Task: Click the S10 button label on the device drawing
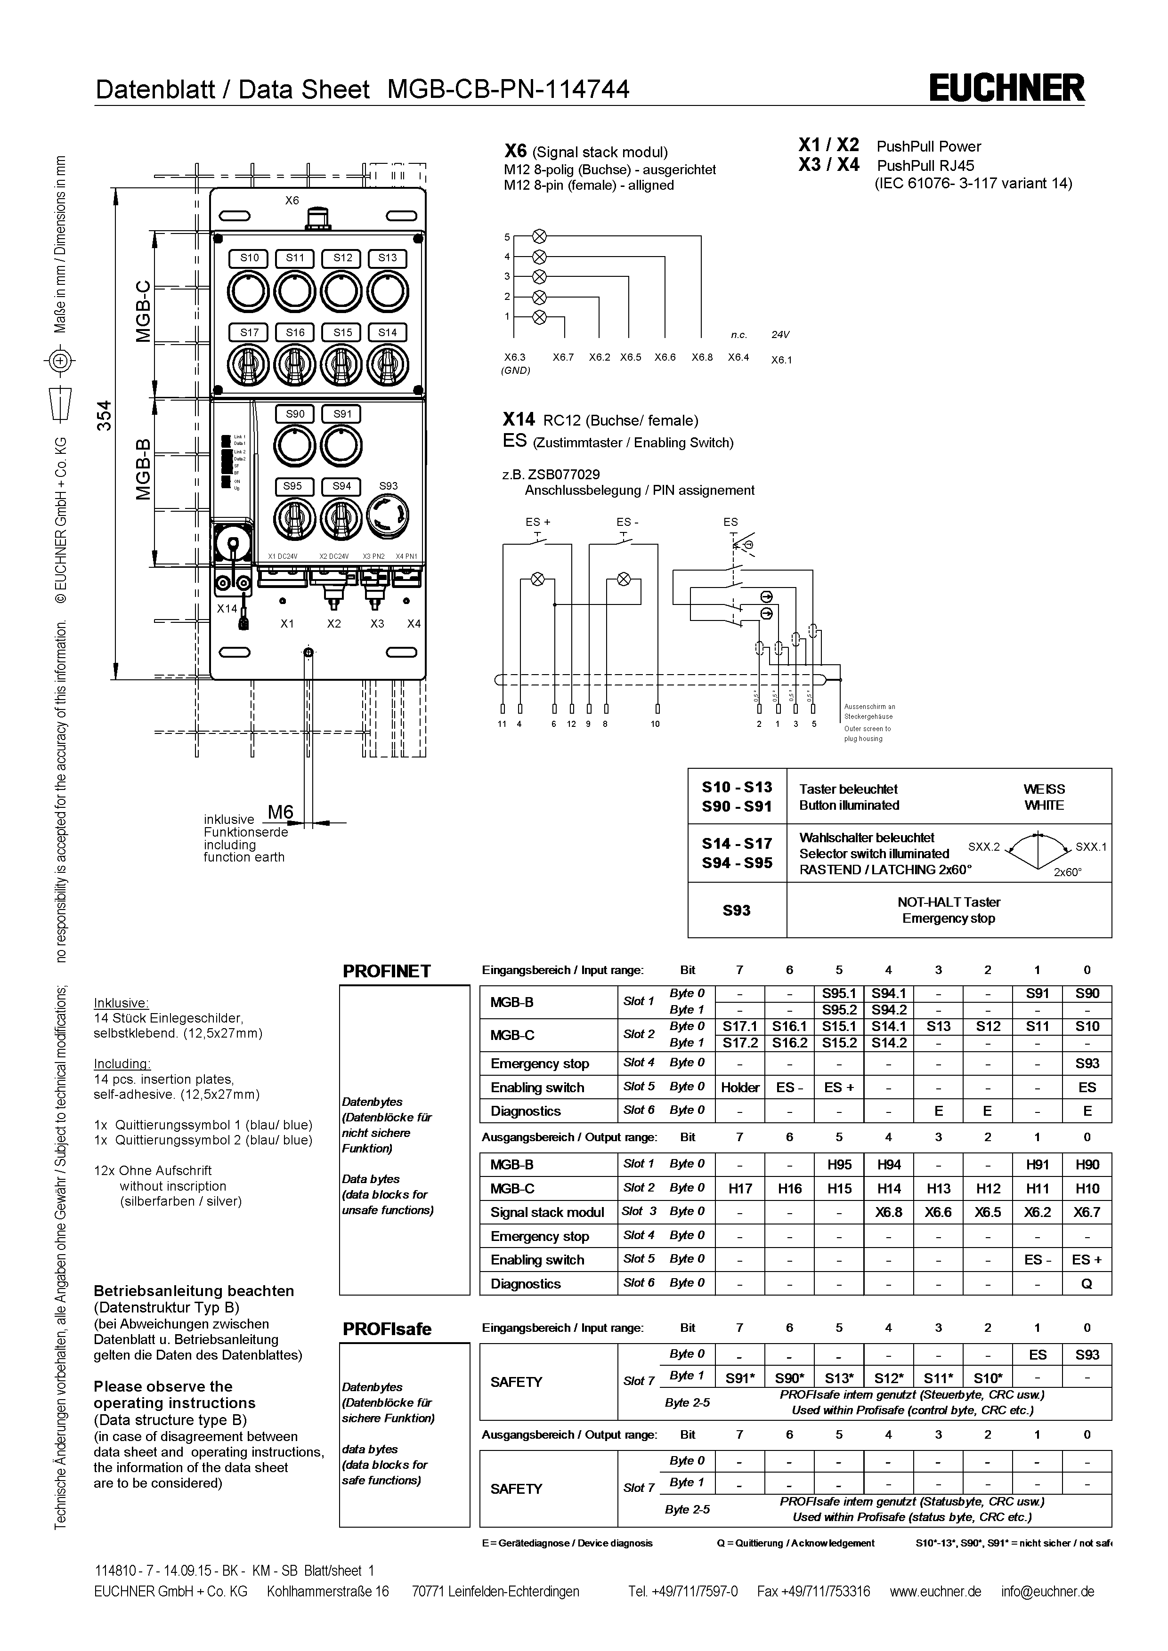(x=249, y=258)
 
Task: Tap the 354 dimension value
(x=105, y=416)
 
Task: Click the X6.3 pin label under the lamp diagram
(x=514, y=357)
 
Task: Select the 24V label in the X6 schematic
(x=780, y=334)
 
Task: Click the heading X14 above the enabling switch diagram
(x=519, y=420)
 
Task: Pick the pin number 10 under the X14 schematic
(x=655, y=724)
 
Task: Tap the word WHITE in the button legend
(x=1044, y=805)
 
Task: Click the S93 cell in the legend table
(x=737, y=910)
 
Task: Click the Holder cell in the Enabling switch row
(x=740, y=1087)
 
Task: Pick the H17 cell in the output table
(x=740, y=1189)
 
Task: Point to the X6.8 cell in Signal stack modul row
(x=888, y=1212)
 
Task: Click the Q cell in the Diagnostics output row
(x=1087, y=1283)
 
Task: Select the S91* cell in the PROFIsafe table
(x=740, y=1378)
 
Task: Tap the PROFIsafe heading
(x=387, y=1329)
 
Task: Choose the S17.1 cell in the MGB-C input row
(x=740, y=1026)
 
